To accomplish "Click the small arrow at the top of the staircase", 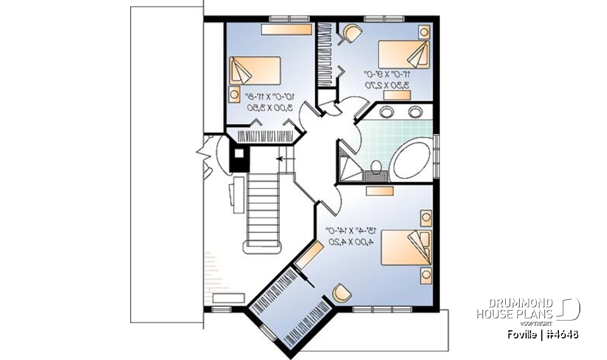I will (280, 160).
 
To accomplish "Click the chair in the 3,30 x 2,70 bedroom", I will (350, 33).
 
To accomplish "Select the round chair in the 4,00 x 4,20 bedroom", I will (341, 292).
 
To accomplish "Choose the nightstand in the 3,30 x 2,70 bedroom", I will (423, 31).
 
